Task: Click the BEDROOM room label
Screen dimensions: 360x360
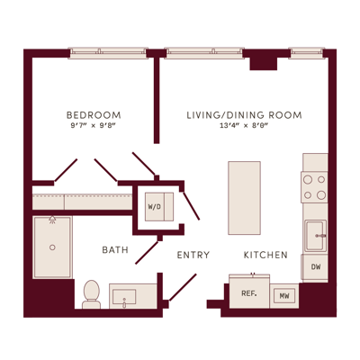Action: [x=94, y=115]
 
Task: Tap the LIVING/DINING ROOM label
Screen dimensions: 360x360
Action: [x=244, y=115]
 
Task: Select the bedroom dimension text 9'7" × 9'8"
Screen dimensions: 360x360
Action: [x=94, y=126]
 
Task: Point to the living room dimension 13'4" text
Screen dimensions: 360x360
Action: [x=229, y=126]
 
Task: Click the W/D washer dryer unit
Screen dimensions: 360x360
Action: [x=159, y=207]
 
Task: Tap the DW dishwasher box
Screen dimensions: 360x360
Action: [x=315, y=266]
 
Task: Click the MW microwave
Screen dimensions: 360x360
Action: [x=284, y=296]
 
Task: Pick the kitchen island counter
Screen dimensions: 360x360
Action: [x=244, y=198]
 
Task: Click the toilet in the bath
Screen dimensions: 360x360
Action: [x=92, y=294]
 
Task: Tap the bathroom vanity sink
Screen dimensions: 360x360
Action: [x=124, y=296]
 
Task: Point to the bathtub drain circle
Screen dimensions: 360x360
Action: [x=52, y=247]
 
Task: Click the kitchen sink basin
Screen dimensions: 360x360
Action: [x=315, y=236]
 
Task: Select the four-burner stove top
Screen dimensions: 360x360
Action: [x=314, y=187]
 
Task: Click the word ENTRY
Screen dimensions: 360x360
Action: [x=193, y=255]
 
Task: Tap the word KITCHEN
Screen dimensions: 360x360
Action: [x=265, y=255]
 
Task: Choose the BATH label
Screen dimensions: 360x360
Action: [x=115, y=250]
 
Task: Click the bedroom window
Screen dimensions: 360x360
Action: [x=108, y=53]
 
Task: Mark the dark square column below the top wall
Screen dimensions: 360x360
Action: [x=264, y=64]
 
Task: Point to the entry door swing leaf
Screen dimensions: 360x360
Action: [x=183, y=287]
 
